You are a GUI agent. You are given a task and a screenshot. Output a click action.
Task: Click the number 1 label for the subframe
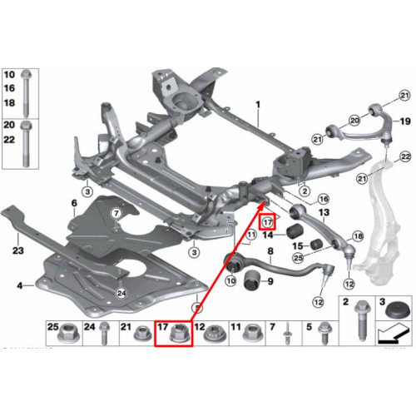[x=258, y=105]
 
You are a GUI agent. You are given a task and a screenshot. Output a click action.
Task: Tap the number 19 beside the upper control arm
[x=405, y=121]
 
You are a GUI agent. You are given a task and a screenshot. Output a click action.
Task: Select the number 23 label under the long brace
[x=18, y=250]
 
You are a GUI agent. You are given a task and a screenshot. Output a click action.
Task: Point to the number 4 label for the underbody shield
[x=19, y=285]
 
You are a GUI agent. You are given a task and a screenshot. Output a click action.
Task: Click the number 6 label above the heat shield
[x=74, y=203]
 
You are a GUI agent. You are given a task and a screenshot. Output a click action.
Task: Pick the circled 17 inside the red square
[x=268, y=222]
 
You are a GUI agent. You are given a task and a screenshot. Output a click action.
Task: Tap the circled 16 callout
[x=324, y=199]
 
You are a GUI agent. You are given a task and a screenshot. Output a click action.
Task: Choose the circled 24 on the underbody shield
[x=121, y=293]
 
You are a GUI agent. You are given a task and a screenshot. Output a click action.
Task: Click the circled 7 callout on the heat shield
[x=116, y=214]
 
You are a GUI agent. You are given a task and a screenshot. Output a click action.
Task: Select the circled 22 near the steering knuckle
[x=405, y=156]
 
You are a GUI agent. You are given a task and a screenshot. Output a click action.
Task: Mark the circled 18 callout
[x=358, y=236]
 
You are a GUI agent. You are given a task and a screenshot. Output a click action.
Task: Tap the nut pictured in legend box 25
[x=68, y=333]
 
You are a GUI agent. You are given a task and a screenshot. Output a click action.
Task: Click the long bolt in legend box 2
[x=363, y=320]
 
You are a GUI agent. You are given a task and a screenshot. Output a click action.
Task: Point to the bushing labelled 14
[x=295, y=231]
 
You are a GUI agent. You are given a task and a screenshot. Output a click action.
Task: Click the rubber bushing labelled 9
[x=252, y=280]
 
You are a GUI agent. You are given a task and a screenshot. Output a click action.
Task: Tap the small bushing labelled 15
[x=315, y=244]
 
